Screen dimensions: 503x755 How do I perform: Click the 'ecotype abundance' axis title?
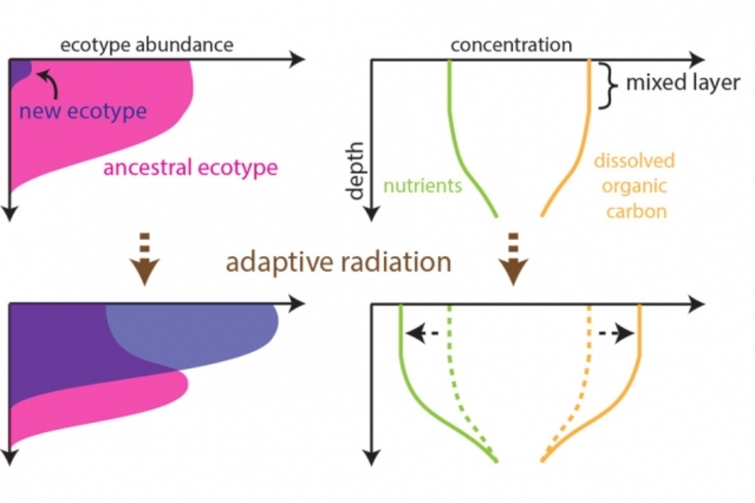[x=147, y=45]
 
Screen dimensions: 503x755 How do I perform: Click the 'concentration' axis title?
[x=511, y=45]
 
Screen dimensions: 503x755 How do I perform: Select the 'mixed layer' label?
[x=682, y=83]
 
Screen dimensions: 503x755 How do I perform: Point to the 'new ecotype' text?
[x=82, y=112]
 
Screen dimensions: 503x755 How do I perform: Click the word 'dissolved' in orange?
[x=634, y=161]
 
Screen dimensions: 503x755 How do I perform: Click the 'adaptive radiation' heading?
[x=338, y=262]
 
